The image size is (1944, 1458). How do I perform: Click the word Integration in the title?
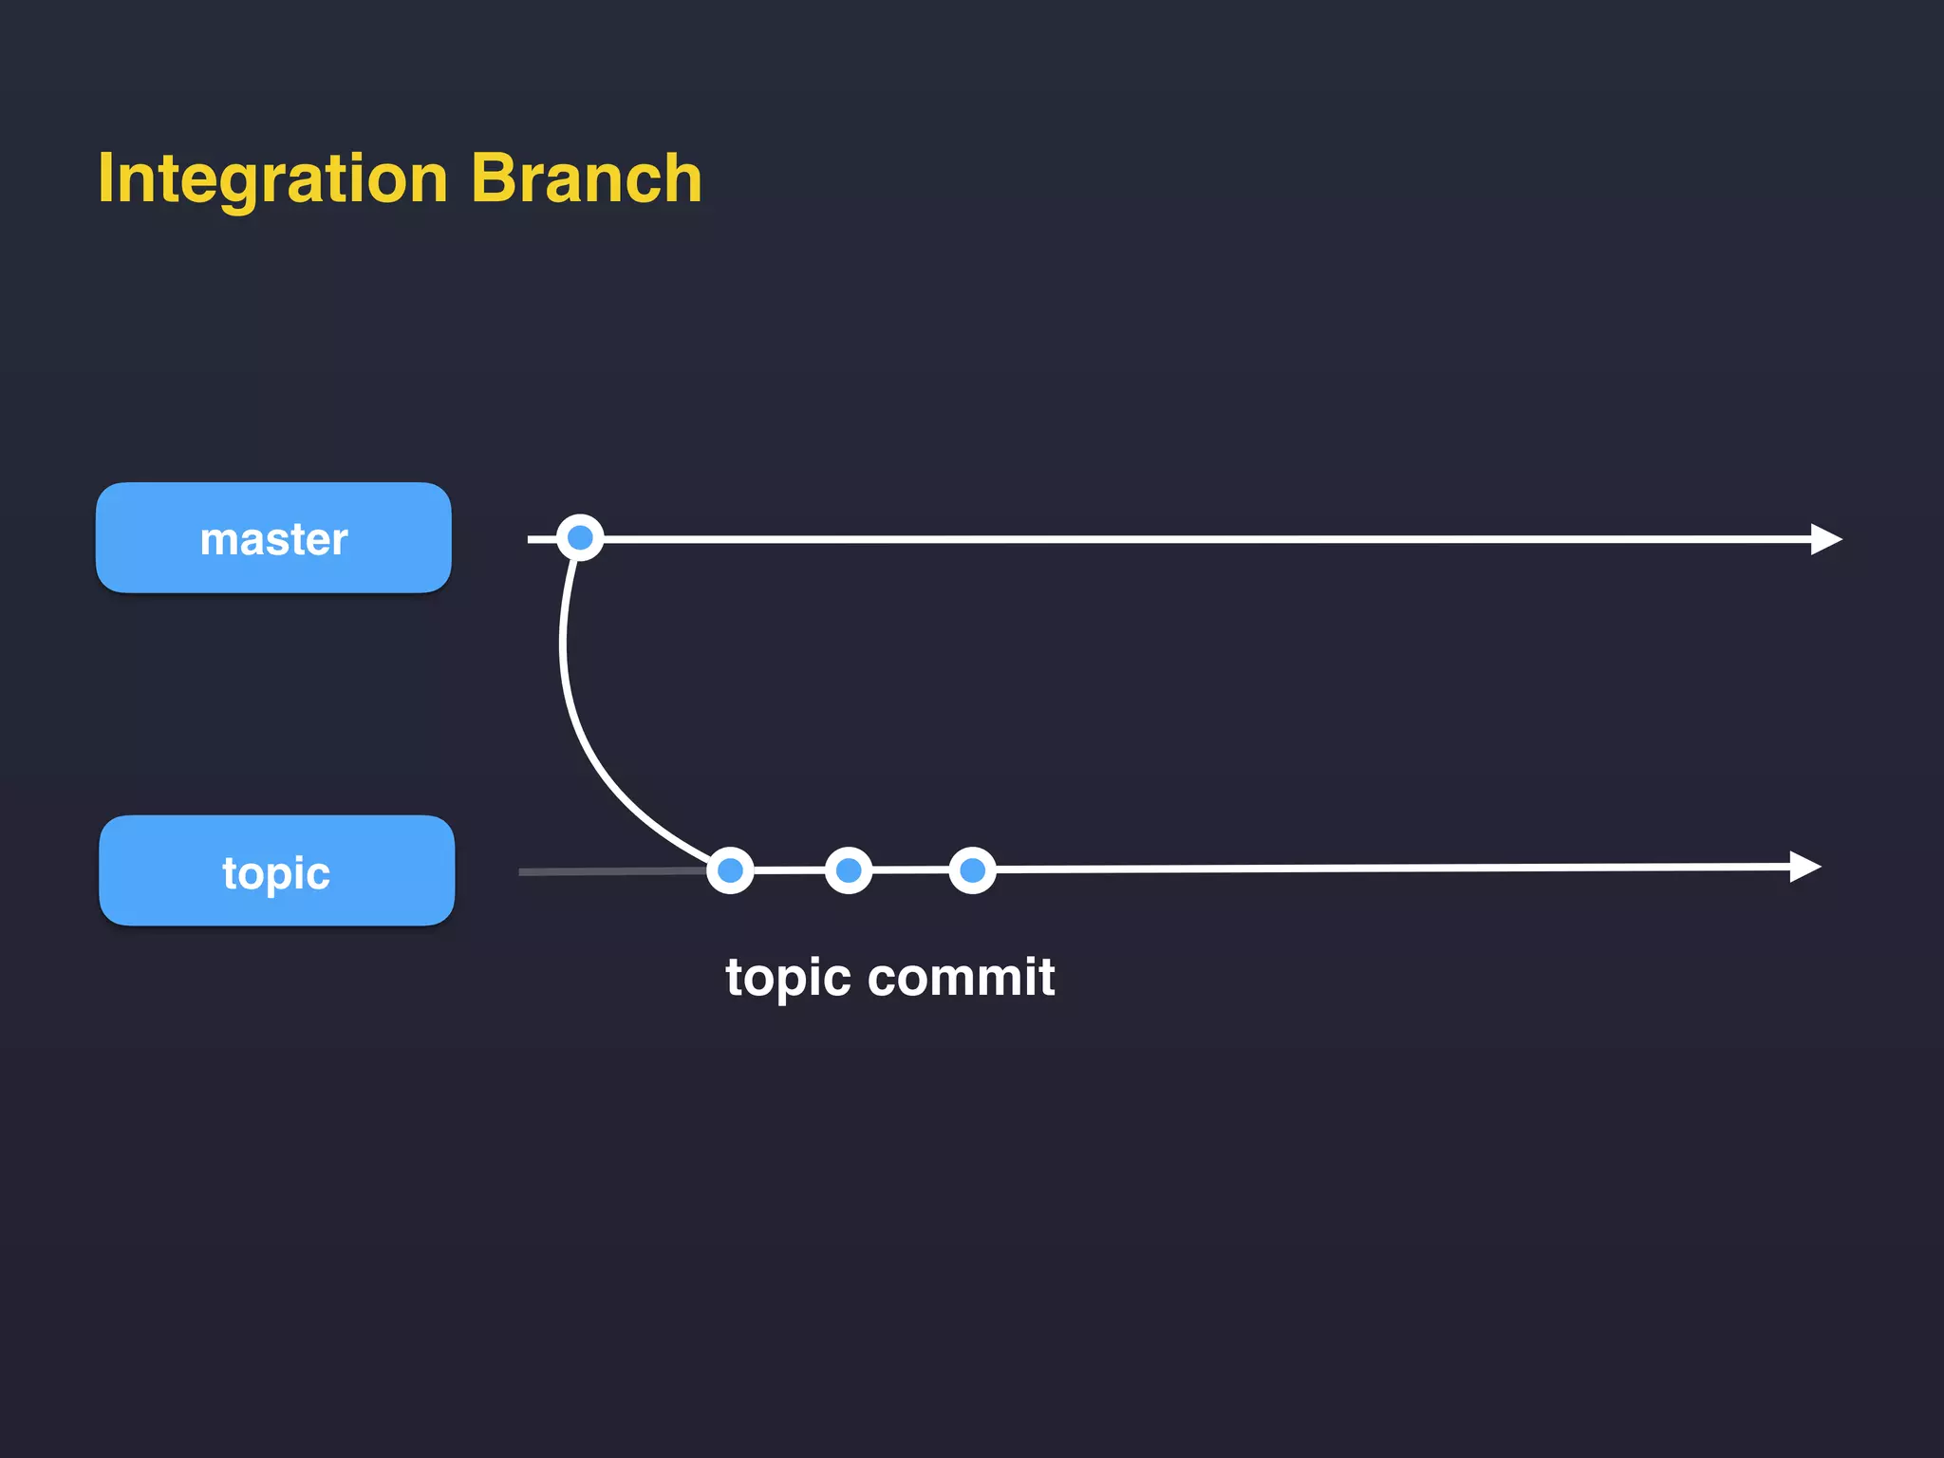tap(272, 178)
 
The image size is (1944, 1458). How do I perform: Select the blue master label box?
tap(273, 538)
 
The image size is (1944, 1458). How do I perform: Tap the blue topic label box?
tap(276, 870)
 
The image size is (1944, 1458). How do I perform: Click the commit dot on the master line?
tap(580, 538)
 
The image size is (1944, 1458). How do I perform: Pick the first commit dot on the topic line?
tap(730, 870)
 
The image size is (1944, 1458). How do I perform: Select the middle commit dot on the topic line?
tap(849, 870)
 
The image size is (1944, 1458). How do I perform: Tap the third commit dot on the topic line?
tap(972, 870)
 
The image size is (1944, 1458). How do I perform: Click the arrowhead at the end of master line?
tap(1824, 539)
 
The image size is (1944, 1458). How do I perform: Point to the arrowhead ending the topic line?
tap(1804, 867)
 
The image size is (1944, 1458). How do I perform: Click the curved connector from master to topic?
tap(570, 702)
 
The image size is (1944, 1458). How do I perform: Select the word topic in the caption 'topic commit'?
tap(788, 978)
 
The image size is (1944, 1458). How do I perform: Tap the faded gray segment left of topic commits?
tap(607, 871)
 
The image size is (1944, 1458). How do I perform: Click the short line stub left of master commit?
tap(540, 539)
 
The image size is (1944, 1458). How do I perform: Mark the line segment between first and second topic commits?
tap(789, 870)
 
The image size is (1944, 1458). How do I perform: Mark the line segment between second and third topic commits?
tap(910, 870)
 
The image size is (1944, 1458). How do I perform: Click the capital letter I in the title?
tap(105, 178)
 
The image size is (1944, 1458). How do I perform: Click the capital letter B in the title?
tap(494, 178)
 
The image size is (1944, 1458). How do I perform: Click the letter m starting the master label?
tap(219, 541)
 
